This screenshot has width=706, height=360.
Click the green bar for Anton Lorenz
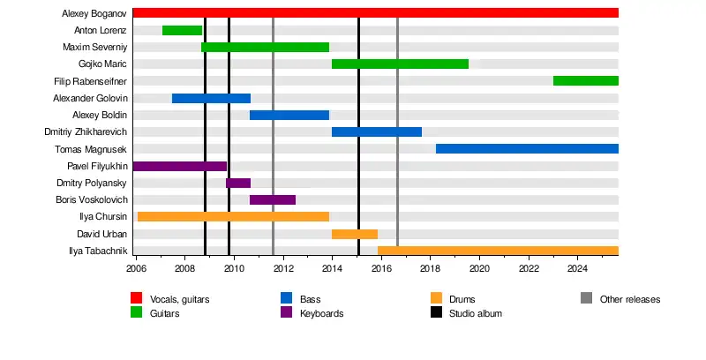[x=183, y=30]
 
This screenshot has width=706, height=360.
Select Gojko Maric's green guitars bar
[x=400, y=64]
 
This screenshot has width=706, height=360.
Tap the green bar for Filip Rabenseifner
[x=585, y=80]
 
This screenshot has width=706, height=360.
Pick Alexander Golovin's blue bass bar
[x=211, y=98]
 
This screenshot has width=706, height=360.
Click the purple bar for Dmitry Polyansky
[x=238, y=183]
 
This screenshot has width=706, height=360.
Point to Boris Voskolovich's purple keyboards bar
[x=273, y=199]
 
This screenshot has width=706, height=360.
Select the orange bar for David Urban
[x=355, y=234]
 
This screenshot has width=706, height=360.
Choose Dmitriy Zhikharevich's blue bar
[x=377, y=131]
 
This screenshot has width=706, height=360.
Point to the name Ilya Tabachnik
[x=98, y=251]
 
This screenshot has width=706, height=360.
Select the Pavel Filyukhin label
[x=97, y=166]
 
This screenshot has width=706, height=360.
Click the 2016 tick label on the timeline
[x=381, y=268]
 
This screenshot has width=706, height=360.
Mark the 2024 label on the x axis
[x=577, y=268]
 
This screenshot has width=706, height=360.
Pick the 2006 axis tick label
[x=136, y=268]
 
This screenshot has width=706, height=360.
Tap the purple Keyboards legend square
[x=286, y=313]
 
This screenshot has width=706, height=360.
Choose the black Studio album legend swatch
[x=436, y=313]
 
